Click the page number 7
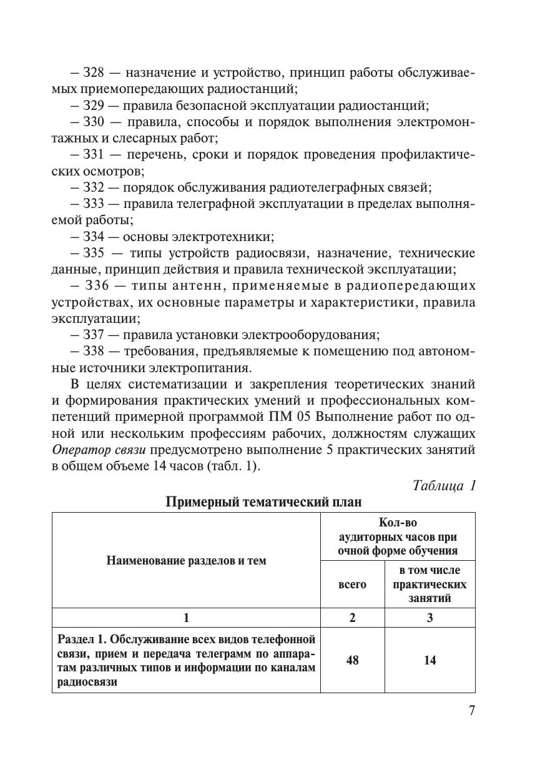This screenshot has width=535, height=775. (471, 711)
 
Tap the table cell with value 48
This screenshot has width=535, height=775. (352, 660)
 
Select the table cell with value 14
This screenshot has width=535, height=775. (429, 660)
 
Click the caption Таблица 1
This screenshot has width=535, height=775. (444, 485)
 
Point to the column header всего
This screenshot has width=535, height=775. (352, 585)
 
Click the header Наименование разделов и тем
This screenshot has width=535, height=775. (186, 560)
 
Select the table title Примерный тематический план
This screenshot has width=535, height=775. (263, 502)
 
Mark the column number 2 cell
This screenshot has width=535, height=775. (352, 618)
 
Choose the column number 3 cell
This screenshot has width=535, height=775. (429, 618)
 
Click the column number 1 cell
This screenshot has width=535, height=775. (186, 618)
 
